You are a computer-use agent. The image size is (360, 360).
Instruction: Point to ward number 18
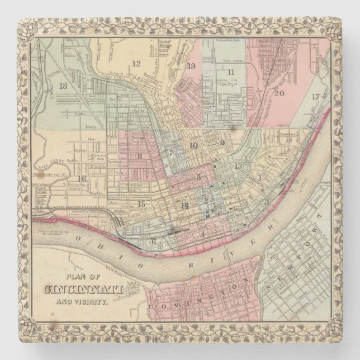pyautogui.click(x=63, y=86)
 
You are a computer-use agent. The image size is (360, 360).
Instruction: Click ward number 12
pyautogui.click(x=136, y=63)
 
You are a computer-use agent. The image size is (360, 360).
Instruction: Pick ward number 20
pyautogui.click(x=279, y=93)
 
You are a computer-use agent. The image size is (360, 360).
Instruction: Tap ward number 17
pyautogui.click(x=316, y=96)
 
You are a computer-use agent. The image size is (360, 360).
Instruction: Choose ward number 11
pyautogui.click(x=230, y=72)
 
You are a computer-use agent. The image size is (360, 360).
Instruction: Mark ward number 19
pyautogui.click(x=191, y=67)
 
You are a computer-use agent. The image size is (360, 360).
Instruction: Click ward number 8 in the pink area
pyautogui.click(x=139, y=157)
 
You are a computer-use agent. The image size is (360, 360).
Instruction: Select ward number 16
pyautogui.click(x=82, y=179)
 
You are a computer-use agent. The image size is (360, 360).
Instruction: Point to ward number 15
pyautogui.click(x=141, y=204)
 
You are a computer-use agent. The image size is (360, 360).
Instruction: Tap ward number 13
pyautogui.click(x=239, y=166)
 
